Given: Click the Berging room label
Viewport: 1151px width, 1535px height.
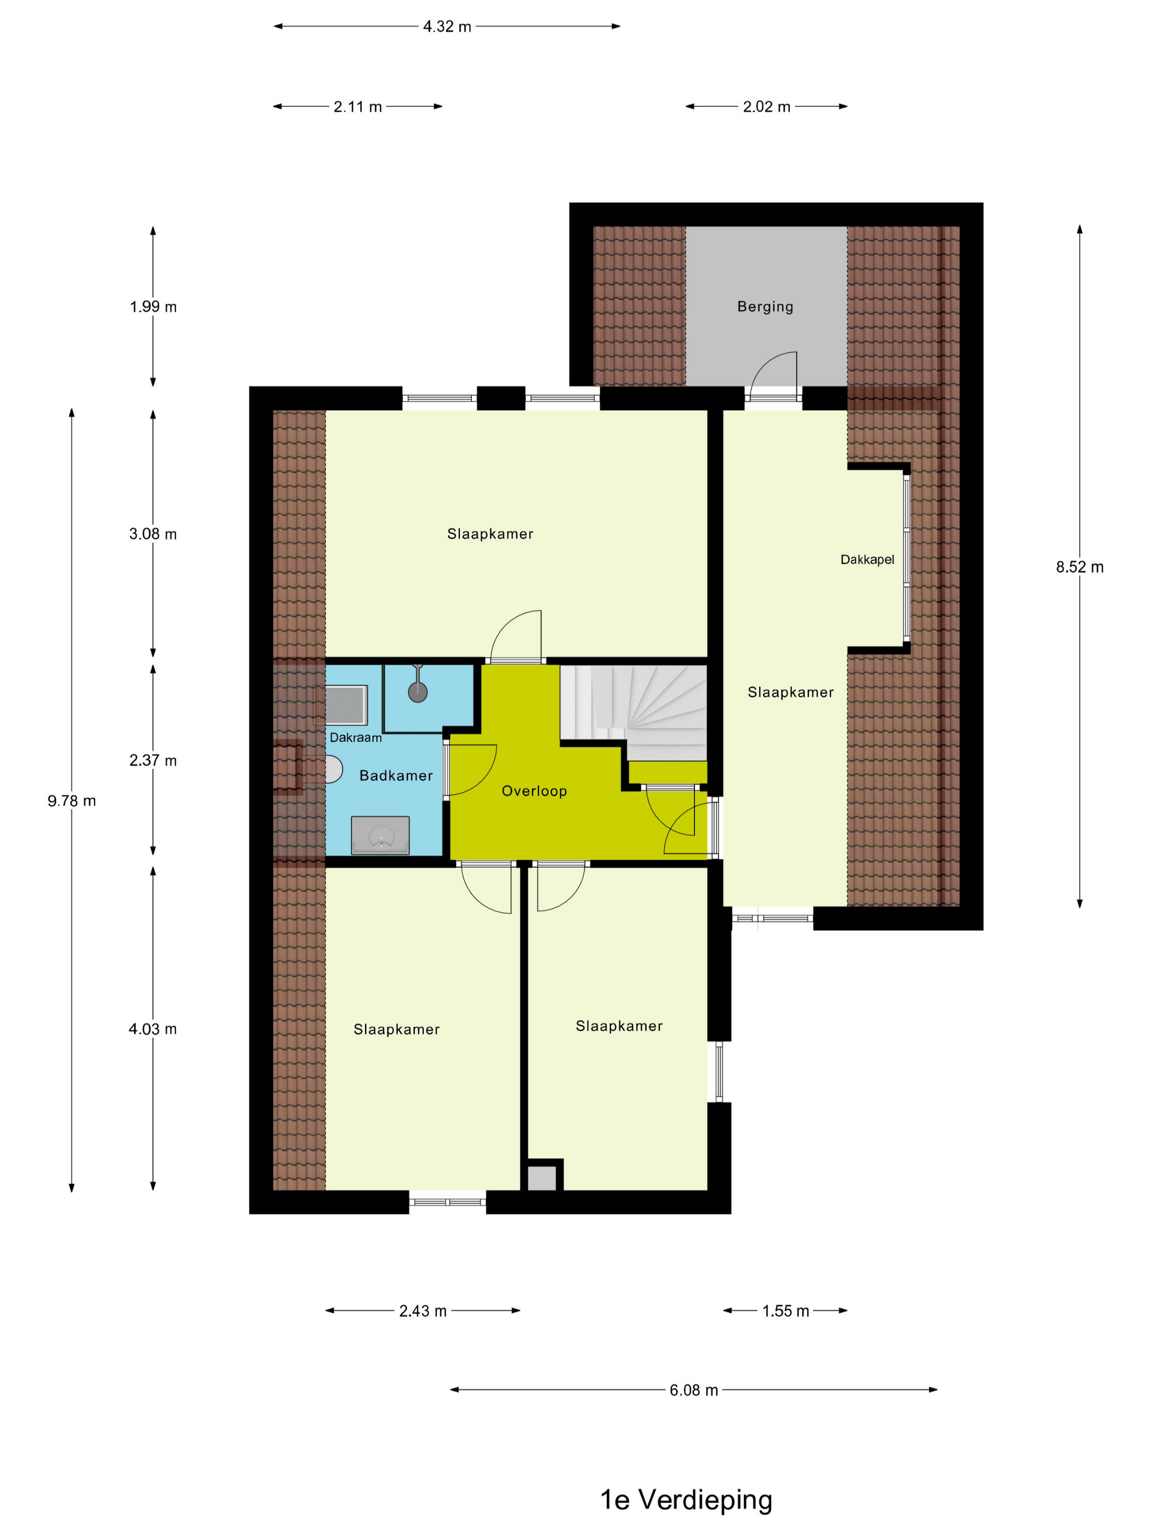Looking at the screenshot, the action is point(765,306).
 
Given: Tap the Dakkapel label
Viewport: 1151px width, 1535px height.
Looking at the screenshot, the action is point(867,559).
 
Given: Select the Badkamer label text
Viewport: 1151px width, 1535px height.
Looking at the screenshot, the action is point(396,775).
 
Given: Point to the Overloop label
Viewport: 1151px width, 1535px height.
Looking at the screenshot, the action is point(534,791).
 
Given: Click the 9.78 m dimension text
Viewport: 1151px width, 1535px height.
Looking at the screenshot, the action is point(71,801).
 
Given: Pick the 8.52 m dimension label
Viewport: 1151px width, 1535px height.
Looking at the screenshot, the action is point(1080,567).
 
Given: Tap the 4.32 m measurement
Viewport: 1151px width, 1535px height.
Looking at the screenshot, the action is point(447,26).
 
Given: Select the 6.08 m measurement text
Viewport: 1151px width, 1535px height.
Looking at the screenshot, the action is point(693,1390).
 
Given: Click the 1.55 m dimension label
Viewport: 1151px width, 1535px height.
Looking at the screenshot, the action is point(785,1311).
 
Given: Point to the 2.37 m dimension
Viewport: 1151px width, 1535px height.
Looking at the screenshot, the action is point(152,760).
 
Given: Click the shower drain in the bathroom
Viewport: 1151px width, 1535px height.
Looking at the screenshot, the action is point(418,691).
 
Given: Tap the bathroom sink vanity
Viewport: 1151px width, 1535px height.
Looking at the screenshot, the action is point(380,835).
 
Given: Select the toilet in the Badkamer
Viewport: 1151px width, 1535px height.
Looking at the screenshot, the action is point(334,770).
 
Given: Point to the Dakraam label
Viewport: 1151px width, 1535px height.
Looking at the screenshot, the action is point(355,738).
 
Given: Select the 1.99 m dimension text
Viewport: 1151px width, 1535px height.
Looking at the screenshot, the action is point(152,306).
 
